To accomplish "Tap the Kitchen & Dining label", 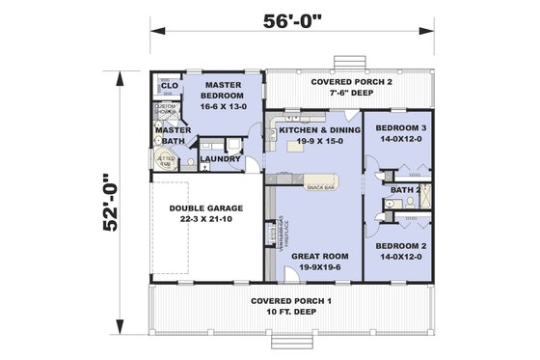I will click(319, 128).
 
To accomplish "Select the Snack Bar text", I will click(321, 185).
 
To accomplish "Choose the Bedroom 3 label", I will click(399, 128).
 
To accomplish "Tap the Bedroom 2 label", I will click(399, 246).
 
